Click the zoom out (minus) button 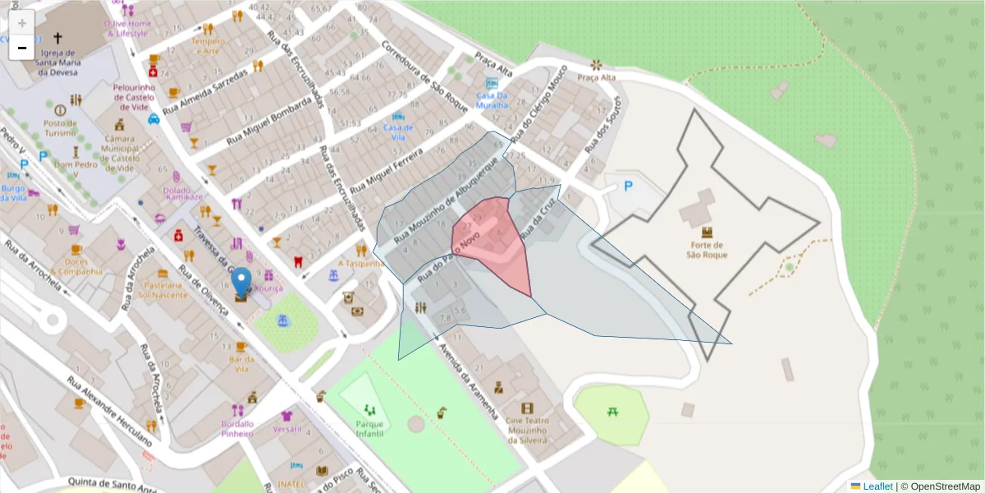point(22,48)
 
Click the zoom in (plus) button point(22,22)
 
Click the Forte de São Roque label point(706,249)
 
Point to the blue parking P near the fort point(629,187)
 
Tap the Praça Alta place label point(597,78)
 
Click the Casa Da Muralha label point(492,100)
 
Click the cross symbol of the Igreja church point(57,38)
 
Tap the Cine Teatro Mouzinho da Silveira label point(527,424)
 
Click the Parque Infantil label point(369,428)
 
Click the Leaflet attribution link point(877,486)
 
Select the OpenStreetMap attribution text point(945,486)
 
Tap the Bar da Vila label point(241,364)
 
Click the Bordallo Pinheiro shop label point(237,428)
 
